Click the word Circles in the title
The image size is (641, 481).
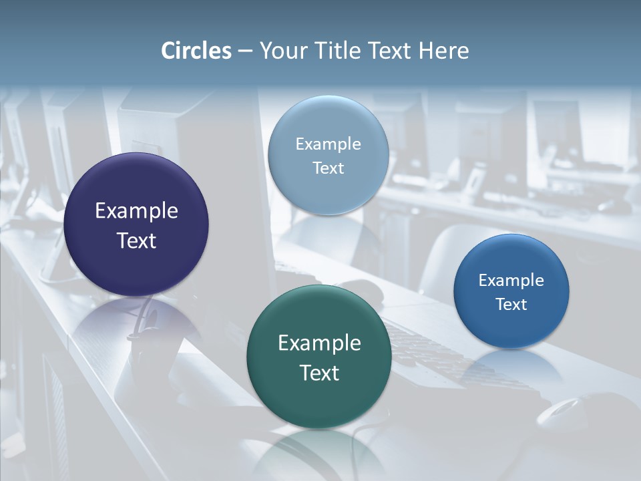tap(196, 51)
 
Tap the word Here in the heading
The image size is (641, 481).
tap(444, 51)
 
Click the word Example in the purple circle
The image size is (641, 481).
tap(136, 210)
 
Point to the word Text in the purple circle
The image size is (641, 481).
tap(136, 240)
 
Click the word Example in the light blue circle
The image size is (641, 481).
tap(328, 144)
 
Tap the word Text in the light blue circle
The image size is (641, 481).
tap(328, 168)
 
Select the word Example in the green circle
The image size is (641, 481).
tap(319, 343)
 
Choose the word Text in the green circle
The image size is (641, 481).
tap(319, 373)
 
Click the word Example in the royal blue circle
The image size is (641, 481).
tap(511, 280)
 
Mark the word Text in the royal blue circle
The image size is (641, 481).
tap(511, 304)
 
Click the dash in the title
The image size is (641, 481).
tap(246, 51)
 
